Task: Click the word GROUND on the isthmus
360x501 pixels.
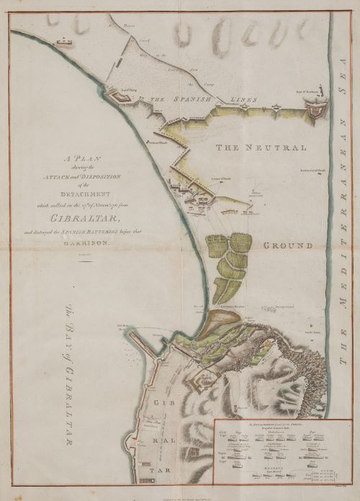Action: pos(287,245)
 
